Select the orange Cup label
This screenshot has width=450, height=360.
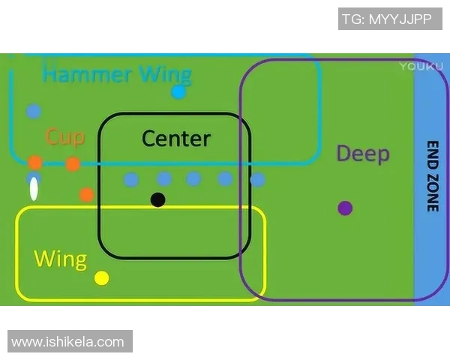64,136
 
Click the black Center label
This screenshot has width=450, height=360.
176,138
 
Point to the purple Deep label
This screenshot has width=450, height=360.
362,154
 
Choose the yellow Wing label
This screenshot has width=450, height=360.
60,259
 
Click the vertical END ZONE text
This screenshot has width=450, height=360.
432,176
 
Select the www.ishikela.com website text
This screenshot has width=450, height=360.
68,342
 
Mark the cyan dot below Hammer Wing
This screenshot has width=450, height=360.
178,92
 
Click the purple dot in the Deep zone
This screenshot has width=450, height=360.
345,208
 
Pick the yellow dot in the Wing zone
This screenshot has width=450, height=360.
102,278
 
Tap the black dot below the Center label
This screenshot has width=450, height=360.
157,199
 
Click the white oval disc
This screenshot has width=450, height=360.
34,189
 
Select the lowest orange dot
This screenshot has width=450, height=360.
86,195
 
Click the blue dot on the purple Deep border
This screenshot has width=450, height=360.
257,180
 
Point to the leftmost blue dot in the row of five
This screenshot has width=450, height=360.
131,179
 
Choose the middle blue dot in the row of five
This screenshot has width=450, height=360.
193,178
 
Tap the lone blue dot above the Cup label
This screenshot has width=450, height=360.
34,112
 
